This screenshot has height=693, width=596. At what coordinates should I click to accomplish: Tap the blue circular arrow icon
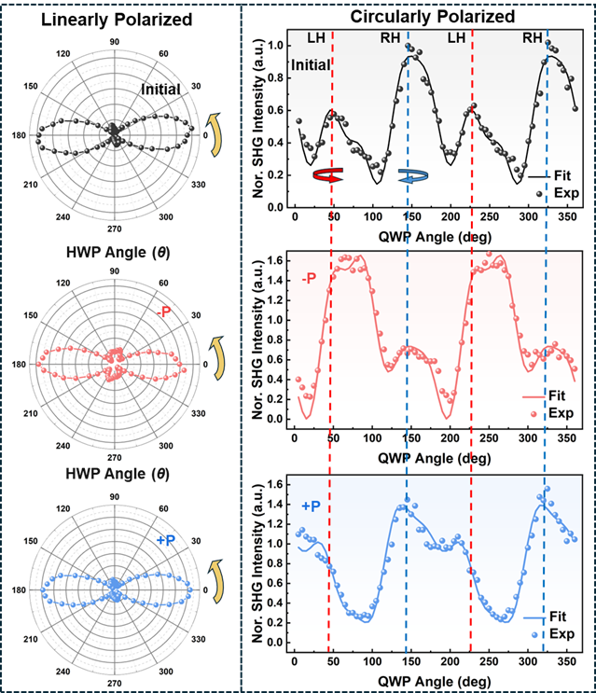(411, 175)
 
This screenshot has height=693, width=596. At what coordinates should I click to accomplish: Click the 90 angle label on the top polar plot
(114, 42)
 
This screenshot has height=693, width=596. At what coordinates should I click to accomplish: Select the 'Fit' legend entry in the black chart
(562, 174)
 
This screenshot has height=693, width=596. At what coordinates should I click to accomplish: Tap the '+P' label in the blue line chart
(313, 505)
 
